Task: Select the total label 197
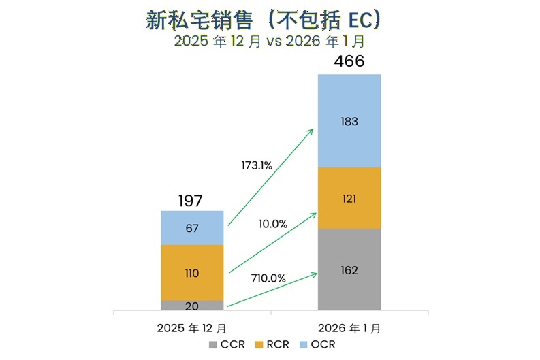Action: point(191,201)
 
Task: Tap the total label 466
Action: point(349,62)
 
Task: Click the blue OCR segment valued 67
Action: point(192,228)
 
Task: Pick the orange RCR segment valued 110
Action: point(192,273)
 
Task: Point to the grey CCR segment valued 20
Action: point(192,306)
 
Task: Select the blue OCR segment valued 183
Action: point(349,121)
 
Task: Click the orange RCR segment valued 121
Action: point(349,198)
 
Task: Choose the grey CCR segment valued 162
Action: point(349,269)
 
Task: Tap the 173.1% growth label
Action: point(257,165)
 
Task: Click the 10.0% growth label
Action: point(273,223)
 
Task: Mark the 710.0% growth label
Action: point(269,278)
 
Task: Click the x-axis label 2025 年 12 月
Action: point(192,327)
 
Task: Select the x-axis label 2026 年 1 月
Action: point(349,327)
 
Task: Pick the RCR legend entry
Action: point(271,344)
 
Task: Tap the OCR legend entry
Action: point(315,344)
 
